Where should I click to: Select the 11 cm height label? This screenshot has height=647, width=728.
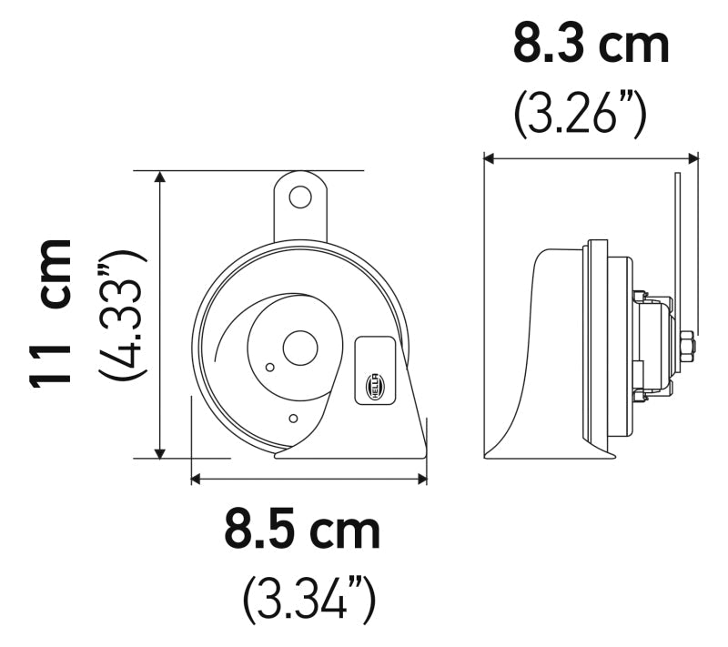(x=51, y=314)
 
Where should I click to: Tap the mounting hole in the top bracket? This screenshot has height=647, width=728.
(x=300, y=197)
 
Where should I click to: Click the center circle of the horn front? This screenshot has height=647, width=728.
(x=297, y=348)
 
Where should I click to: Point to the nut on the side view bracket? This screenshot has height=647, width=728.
(x=686, y=347)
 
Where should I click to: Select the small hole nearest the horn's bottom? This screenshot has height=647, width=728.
(x=292, y=418)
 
